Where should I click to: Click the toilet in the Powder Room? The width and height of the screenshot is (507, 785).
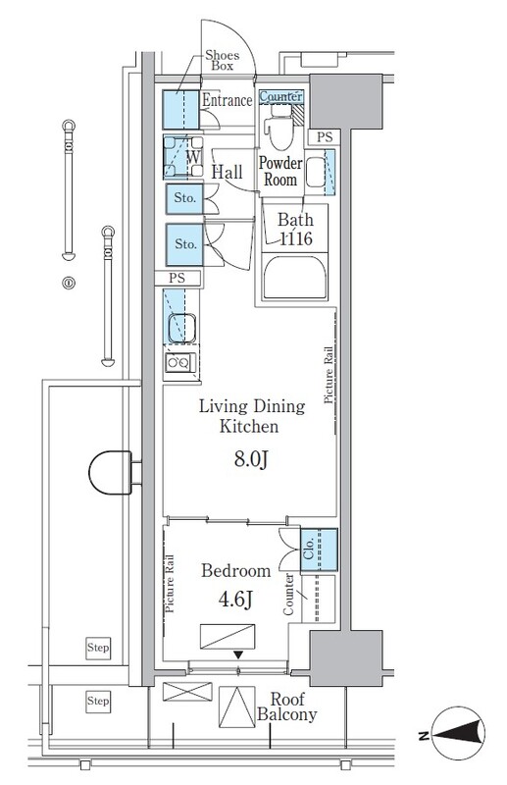(280, 126)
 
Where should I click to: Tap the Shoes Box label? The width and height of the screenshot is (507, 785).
(223, 60)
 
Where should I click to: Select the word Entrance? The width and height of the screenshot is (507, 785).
(227, 100)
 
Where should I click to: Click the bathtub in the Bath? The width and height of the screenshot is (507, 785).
(295, 278)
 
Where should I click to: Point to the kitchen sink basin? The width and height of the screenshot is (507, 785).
(181, 328)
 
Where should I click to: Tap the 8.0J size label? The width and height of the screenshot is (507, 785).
(251, 459)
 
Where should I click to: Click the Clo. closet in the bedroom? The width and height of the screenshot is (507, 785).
(319, 549)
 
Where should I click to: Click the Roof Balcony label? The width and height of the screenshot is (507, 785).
(286, 706)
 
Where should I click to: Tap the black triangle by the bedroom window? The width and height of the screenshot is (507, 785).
(238, 654)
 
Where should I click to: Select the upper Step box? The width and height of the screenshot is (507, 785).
(98, 649)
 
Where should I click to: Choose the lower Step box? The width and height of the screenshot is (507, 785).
(98, 701)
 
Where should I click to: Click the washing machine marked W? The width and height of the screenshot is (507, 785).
(183, 157)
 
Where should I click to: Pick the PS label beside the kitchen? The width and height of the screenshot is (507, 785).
(177, 279)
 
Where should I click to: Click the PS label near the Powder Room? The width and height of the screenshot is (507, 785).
(325, 136)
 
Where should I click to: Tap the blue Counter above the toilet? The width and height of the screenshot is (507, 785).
(280, 96)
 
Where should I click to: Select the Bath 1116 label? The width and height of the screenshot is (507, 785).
(295, 230)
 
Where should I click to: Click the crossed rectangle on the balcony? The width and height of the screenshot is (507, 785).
(187, 692)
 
